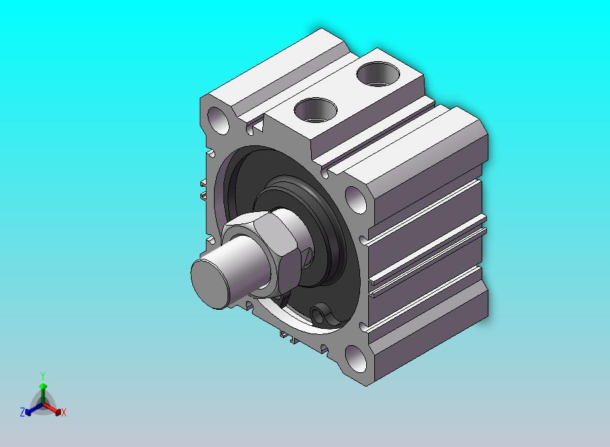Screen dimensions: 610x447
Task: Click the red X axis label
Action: tap(64, 413)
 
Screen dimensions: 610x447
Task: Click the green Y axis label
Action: tap(43, 376)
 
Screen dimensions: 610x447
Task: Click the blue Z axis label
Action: tap(22, 412)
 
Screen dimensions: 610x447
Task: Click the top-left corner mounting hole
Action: tap(219, 120)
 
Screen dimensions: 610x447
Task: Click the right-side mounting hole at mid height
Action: tap(355, 200)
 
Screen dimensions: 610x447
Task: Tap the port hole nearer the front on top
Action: tap(315, 110)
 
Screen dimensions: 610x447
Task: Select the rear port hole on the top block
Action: tap(378, 74)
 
